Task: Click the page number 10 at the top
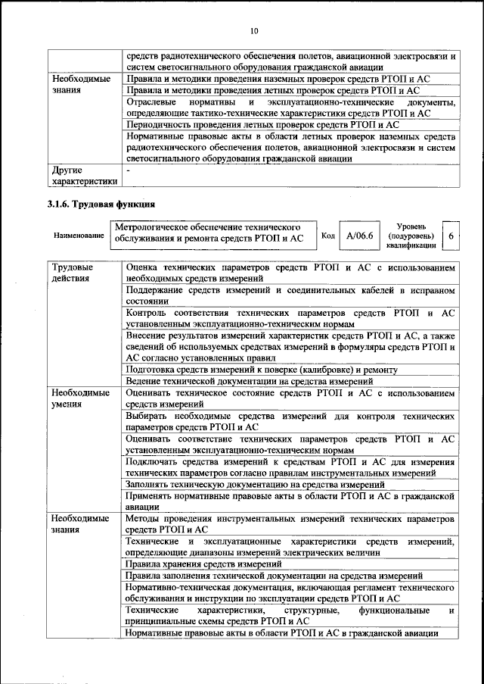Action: [x=253, y=30]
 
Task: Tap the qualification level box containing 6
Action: [x=451, y=236]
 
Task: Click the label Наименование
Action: [x=79, y=236]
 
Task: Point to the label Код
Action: [x=328, y=236]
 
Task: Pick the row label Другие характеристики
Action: [x=84, y=176]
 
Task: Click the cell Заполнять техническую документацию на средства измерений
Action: [x=256, y=484]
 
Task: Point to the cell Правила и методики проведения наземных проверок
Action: [x=268, y=78]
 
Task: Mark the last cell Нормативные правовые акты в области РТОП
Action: [x=281, y=633]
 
